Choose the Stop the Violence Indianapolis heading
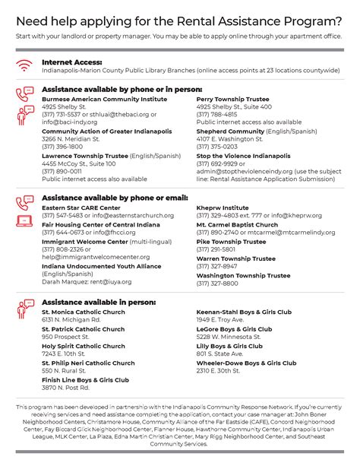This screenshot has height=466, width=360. [242, 155]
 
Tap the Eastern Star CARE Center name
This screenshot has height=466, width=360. [81, 208]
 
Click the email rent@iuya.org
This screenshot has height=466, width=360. [110, 281]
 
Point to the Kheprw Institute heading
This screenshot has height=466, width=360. [223, 208]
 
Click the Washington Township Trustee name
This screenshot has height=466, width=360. [243, 276]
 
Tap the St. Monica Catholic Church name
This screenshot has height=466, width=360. [84, 312]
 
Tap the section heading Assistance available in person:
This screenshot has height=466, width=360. [97, 302]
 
